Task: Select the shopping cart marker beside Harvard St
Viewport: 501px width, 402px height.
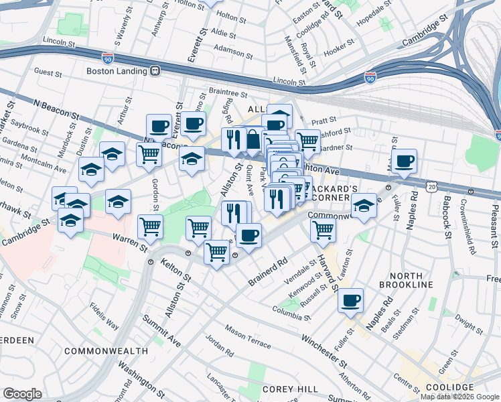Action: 324,230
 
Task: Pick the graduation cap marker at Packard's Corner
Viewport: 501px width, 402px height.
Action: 364,206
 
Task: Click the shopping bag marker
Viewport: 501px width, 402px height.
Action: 254,139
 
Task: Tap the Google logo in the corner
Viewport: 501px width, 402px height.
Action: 23,393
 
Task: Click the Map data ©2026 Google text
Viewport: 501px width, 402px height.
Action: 460,397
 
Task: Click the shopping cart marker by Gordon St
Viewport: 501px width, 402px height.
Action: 149,154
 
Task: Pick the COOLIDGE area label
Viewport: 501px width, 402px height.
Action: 450,388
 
